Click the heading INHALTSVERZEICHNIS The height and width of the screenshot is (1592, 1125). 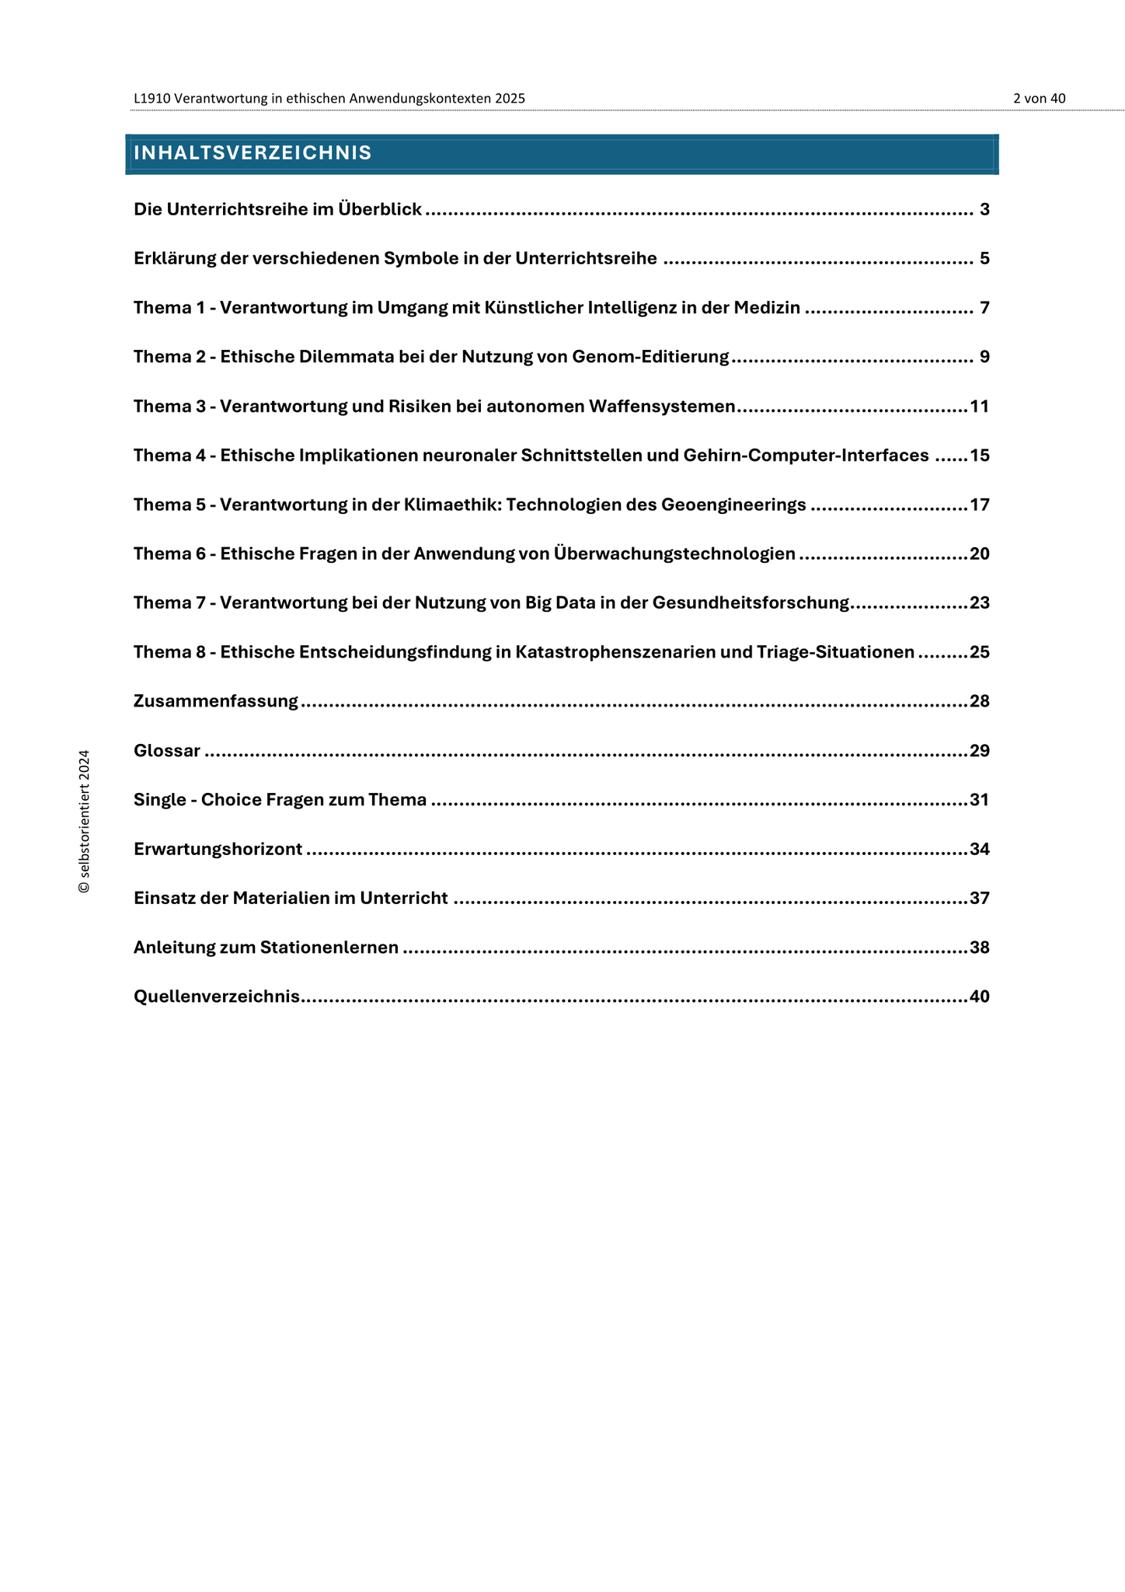point(253,153)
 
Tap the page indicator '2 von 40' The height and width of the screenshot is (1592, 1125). point(1039,99)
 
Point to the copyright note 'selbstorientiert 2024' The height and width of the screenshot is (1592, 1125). point(85,822)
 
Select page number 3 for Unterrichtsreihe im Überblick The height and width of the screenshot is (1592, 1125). point(984,209)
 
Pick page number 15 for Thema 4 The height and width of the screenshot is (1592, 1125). point(980,456)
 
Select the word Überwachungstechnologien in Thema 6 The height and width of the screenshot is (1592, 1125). point(674,554)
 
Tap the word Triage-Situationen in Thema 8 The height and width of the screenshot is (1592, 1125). point(835,652)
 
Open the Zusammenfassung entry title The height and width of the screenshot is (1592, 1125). point(216,702)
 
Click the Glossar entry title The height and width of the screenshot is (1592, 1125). point(167,751)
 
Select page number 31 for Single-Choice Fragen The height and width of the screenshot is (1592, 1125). point(980,800)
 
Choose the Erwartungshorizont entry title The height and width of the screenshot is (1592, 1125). point(218,850)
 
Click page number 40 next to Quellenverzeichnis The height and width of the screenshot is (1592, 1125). point(980,997)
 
